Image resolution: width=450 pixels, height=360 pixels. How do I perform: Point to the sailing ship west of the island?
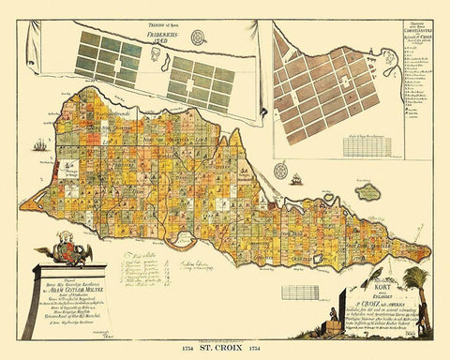coord(37,145)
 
